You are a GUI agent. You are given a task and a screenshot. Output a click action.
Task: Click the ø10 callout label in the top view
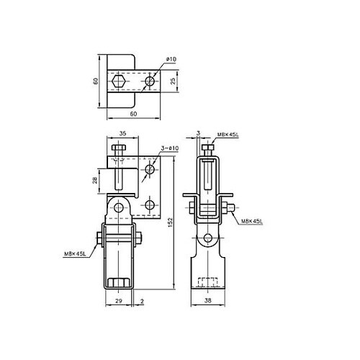pyautogui.click(x=171, y=59)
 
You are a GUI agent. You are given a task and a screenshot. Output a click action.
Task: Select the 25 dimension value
pyautogui.click(x=173, y=81)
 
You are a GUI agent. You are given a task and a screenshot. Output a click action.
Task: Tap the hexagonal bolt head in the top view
pyautogui.click(x=119, y=81)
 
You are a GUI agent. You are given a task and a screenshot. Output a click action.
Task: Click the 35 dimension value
pyautogui.click(x=122, y=133)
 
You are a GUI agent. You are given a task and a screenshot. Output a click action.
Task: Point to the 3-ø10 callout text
pyautogui.click(x=170, y=148)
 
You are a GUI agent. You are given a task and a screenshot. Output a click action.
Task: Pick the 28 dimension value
pyautogui.click(x=95, y=180)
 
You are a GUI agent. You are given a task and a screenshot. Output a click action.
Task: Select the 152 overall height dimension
pyautogui.click(x=170, y=222)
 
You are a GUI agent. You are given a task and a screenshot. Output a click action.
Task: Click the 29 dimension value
pyautogui.click(x=119, y=301)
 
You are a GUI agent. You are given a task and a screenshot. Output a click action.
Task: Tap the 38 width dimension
pyautogui.click(x=208, y=300)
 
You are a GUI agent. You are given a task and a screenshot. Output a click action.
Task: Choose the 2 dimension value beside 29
pyautogui.click(x=142, y=301)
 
